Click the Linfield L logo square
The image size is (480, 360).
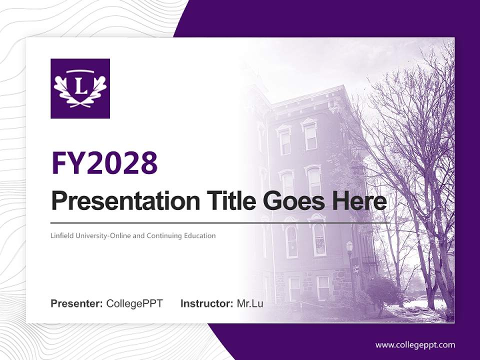(80, 88)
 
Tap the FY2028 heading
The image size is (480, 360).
(104, 163)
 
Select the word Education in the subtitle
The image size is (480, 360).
(198, 235)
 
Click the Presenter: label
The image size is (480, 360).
(77, 303)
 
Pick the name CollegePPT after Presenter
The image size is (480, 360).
(134, 303)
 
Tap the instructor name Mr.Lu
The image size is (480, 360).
(250, 303)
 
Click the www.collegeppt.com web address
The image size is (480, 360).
(415, 344)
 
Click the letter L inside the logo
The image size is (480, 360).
(80, 85)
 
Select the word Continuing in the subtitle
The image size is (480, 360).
(163, 235)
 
